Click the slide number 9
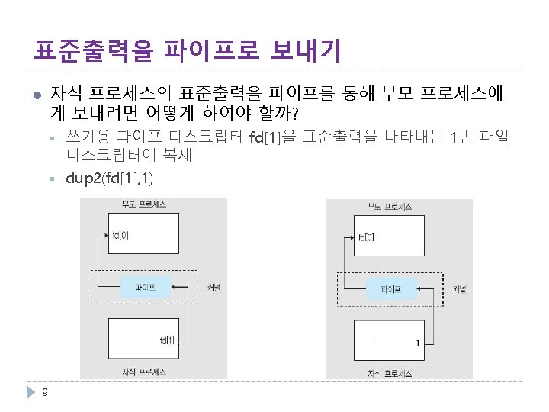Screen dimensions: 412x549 tap(45, 393)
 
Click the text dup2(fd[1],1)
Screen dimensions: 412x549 tap(109, 179)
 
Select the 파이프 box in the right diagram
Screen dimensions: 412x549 tap(391, 289)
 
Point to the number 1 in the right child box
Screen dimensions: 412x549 tap(417, 343)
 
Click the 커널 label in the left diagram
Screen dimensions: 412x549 tap(214, 288)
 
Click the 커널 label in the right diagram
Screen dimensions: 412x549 tap(460, 289)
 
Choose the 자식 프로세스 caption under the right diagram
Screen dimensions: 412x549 tap(390, 373)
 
